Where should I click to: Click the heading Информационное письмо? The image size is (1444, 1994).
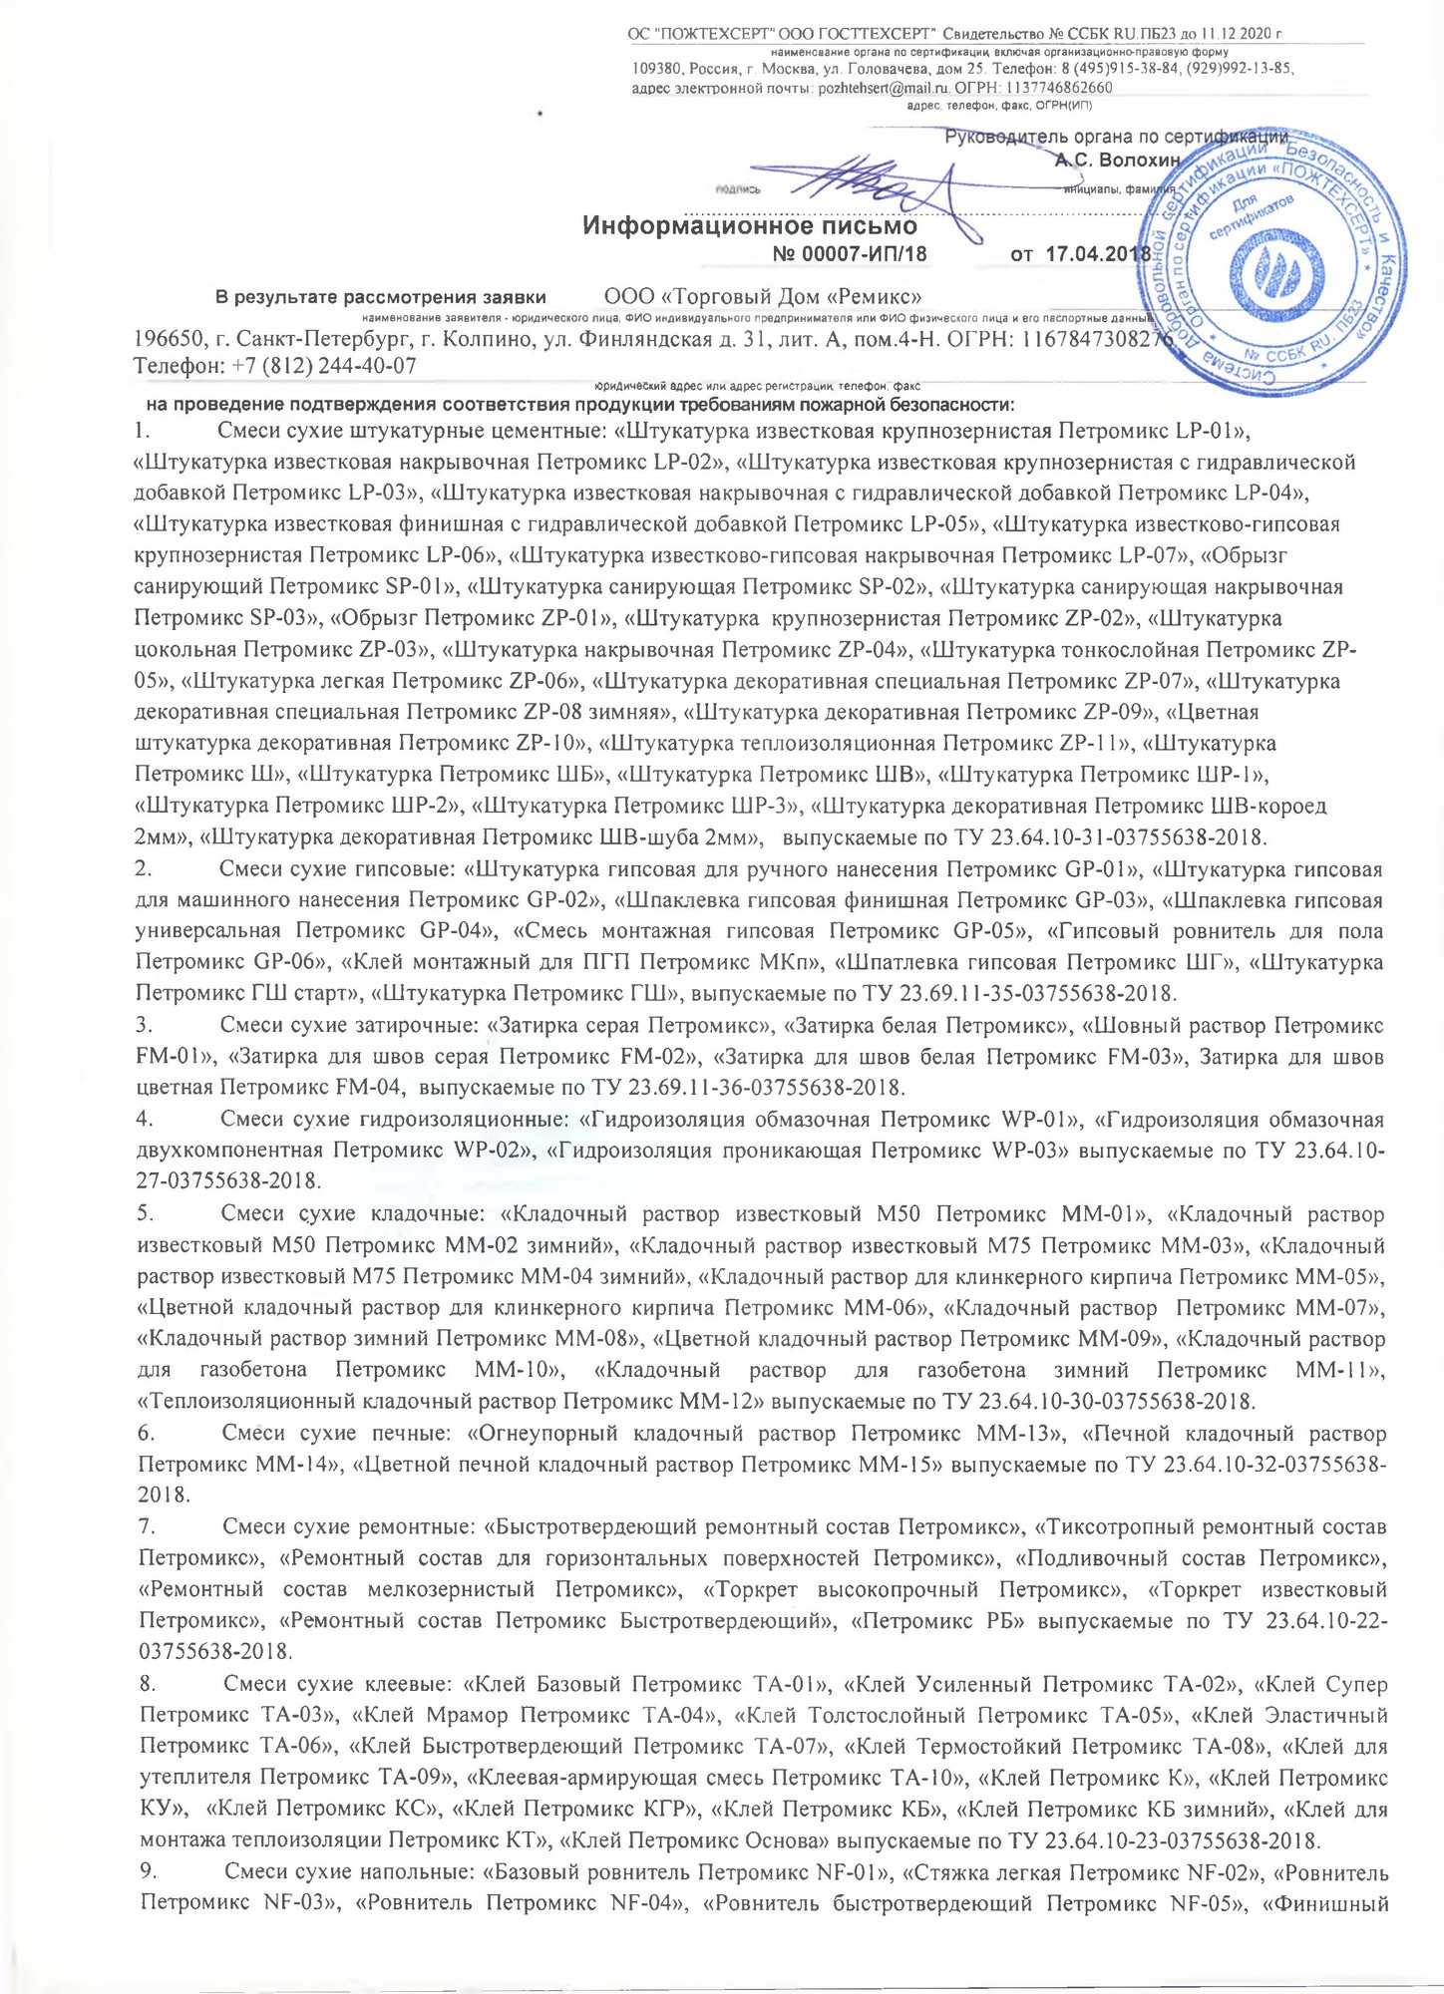pyautogui.click(x=749, y=225)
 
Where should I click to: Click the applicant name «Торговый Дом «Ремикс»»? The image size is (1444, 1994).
pyautogui.click(x=763, y=296)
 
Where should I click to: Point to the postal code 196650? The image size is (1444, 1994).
pyautogui.click(x=171, y=339)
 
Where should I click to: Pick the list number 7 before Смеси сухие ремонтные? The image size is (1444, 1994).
pyautogui.click(x=146, y=1526)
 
